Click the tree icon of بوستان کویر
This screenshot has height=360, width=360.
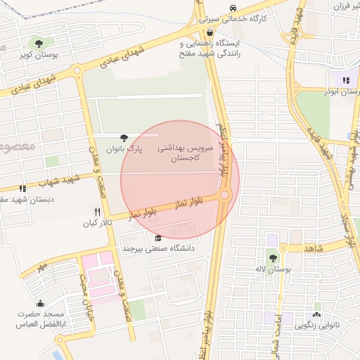click(x=38, y=43)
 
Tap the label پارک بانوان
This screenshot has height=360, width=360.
click(x=124, y=150)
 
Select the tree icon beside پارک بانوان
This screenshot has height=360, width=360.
click(x=124, y=138)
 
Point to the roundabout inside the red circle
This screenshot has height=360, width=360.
click(x=225, y=195)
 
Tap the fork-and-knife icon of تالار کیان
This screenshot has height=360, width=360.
click(x=98, y=212)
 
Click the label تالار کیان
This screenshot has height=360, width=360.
click(x=98, y=224)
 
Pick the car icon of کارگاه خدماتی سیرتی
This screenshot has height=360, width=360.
click(x=231, y=8)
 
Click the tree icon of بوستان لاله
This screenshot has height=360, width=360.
click(x=272, y=259)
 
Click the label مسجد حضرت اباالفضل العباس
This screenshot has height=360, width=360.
click(x=41, y=320)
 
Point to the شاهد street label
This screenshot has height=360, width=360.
click(x=314, y=249)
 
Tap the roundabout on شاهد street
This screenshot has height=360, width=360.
click(x=282, y=248)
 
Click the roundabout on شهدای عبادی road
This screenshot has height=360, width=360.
click(x=77, y=70)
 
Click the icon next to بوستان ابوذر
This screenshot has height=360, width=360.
click(x=345, y=80)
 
